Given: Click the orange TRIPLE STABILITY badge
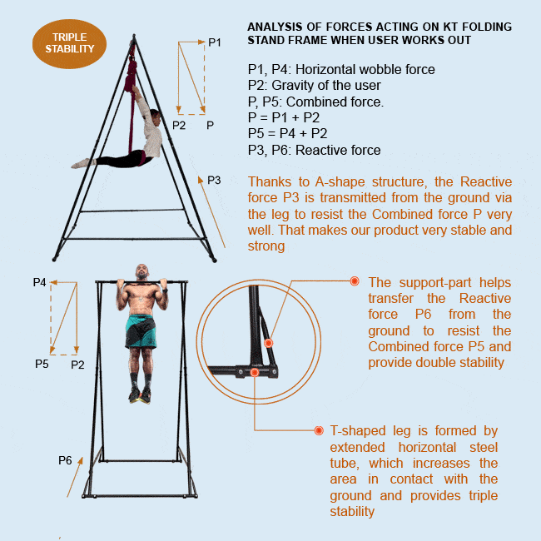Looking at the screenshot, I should tap(69, 43).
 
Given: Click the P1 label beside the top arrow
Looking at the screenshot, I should tap(215, 42).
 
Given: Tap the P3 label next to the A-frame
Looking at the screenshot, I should tap(214, 180).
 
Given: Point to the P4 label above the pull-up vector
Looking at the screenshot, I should tap(39, 282).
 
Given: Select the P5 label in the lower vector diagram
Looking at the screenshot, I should tap(42, 364).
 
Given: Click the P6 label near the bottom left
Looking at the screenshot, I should tap(64, 460).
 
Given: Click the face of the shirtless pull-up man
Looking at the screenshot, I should tap(142, 274).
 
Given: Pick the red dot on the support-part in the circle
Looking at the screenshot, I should tap(268, 343).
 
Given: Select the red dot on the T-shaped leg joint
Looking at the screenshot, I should tap(255, 372).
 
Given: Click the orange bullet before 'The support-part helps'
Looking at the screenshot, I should tap(354, 281).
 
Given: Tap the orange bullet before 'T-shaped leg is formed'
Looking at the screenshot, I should tap(319, 430).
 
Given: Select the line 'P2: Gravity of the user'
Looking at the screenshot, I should tap(314, 85).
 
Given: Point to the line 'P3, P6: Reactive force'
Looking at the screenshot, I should tap(314, 151).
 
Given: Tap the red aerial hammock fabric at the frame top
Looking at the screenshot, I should tap(131, 75).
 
